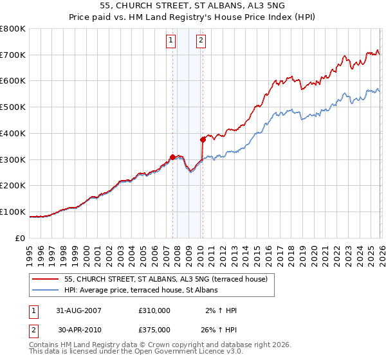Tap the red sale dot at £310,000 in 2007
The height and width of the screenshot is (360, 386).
point(172,157)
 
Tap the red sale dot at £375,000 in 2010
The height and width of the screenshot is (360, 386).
point(203,139)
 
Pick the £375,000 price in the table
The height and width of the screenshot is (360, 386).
point(154,329)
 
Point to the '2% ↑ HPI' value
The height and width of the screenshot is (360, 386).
point(220,310)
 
